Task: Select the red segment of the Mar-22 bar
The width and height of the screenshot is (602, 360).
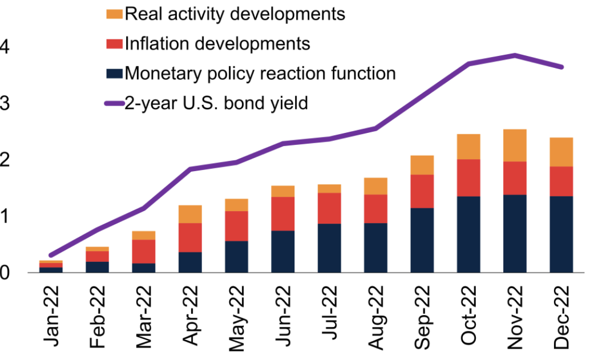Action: [144, 251]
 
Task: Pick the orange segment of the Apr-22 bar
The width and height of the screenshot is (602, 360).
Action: [190, 214]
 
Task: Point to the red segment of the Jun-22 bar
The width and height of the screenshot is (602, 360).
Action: [283, 213]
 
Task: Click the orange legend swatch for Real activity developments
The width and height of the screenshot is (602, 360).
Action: [115, 14]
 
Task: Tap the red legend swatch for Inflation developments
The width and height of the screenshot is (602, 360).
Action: [115, 43]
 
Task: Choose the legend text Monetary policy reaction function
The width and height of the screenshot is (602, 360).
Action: [260, 73]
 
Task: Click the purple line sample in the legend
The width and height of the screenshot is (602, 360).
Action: [115, 103]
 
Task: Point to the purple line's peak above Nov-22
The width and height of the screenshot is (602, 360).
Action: [515, 55]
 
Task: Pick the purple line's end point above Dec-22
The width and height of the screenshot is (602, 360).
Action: [561, 67]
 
